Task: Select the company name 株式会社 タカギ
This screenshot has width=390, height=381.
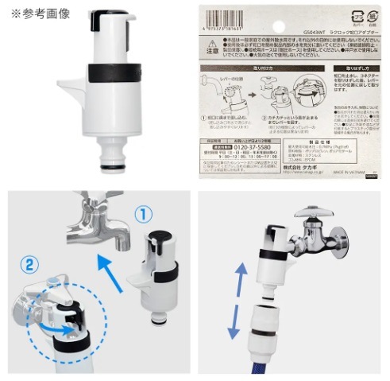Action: point(297,169)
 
